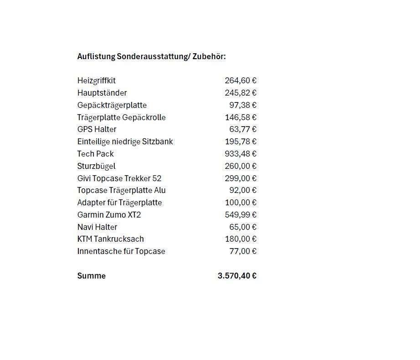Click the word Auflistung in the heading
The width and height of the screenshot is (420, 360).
click(96, 57)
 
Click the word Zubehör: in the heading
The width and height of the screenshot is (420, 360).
click(209, 57)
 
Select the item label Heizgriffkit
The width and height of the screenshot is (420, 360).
click(97, 81)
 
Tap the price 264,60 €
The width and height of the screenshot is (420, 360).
click(241, 81)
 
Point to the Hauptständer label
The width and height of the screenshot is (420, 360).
click(102, 93)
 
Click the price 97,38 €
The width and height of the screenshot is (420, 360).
click(243, 105)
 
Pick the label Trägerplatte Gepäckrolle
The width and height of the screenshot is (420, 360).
click(121, 117)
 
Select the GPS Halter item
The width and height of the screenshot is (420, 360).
click(97, 129)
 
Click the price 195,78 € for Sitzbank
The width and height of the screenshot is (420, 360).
click(241, 142)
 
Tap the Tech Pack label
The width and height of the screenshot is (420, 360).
click(96, 154)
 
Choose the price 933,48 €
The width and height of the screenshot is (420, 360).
click(241, 154)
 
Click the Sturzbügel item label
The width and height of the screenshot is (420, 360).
click(97, 166)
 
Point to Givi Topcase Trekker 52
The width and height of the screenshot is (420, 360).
click(119, 178)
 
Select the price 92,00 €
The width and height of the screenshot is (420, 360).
click(243, 190)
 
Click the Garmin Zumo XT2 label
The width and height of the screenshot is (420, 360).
click(109, 215)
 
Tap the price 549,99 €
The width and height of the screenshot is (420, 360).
click(241, 215)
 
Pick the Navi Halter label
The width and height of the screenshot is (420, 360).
click(97, 227)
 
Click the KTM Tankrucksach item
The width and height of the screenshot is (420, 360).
click(111, 239)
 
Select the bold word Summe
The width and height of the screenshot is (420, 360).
click(92, 276)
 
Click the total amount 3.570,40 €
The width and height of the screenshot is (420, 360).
click(237, 276)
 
